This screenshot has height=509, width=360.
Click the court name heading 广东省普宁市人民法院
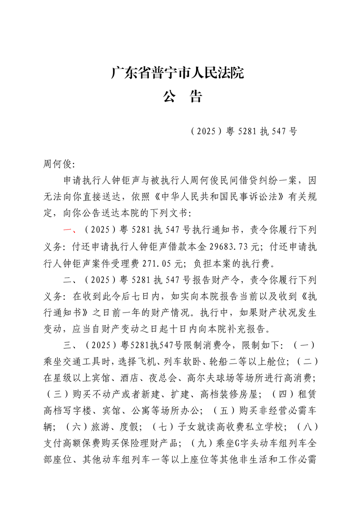point(178,73)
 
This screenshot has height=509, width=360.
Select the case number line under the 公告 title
point(244,132)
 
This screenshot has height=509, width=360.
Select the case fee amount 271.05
point(157,263)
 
